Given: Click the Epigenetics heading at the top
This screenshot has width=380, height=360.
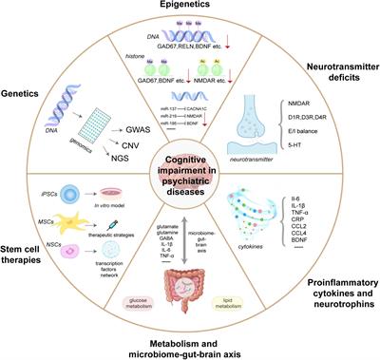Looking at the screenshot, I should point(191,9).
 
